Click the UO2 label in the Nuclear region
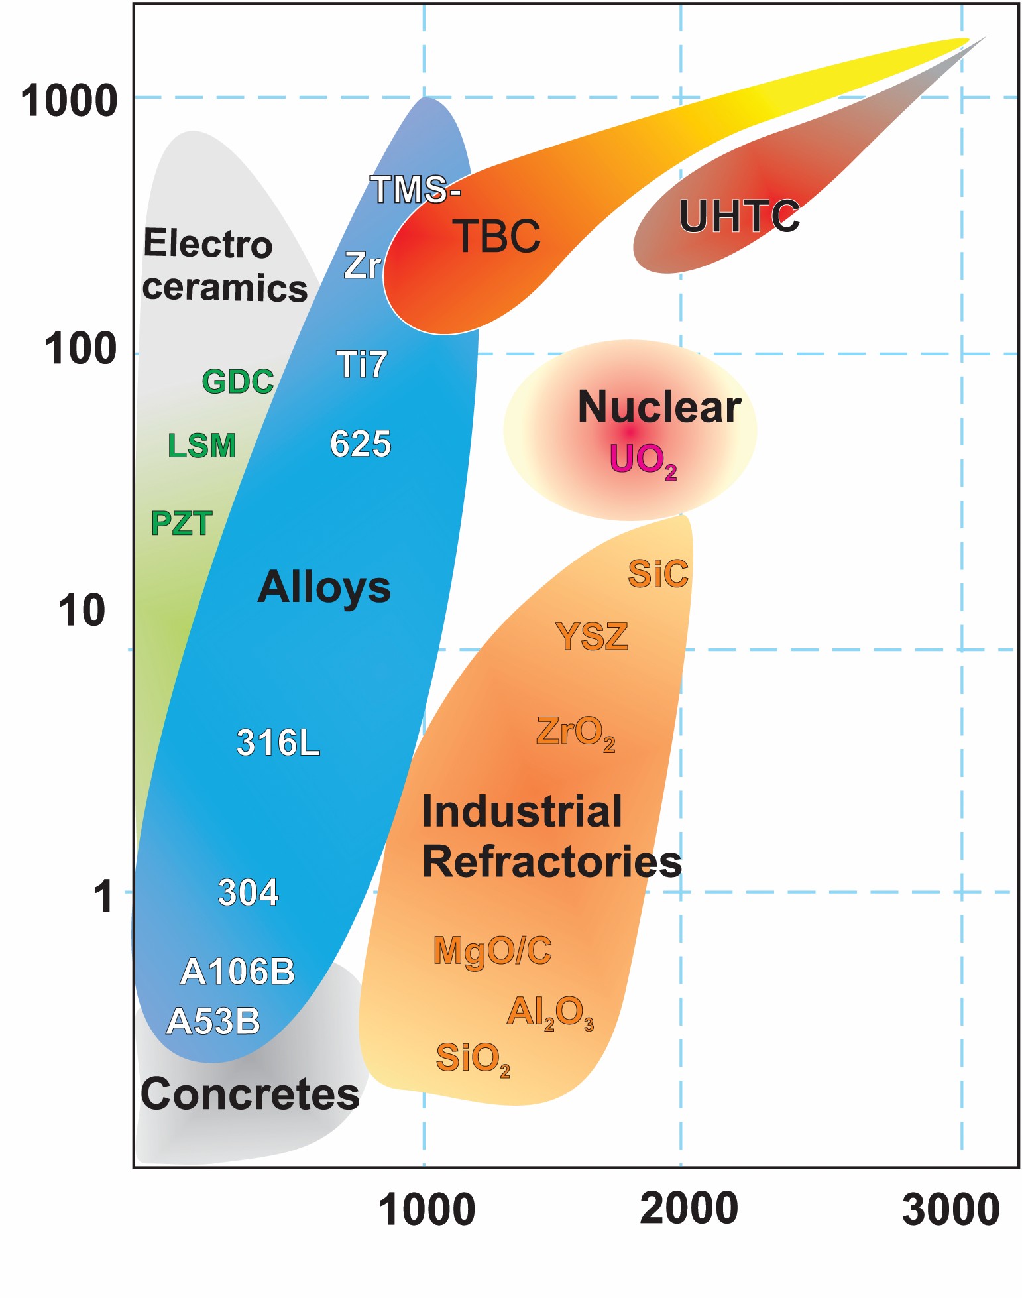pos(642,459)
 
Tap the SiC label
pos(657,574)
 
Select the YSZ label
pos(591,637)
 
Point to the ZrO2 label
pos(575,733)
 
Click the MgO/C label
pos(492,951)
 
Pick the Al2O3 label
pos(549,1012)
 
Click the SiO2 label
pos(472,1058)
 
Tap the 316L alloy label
pos(278,743)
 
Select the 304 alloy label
pos(248,893)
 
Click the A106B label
pos(237,972)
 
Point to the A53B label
pos(213,1021)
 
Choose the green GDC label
pos(237,382)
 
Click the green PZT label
pos(181,524)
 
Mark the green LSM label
pos(201,445)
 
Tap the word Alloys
pos(324,587)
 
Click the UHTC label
pos(739,217)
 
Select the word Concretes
pos(250,1094)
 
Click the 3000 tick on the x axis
pos(950,1209)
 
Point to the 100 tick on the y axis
pos(80,349)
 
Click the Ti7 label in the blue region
pos(361,365)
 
